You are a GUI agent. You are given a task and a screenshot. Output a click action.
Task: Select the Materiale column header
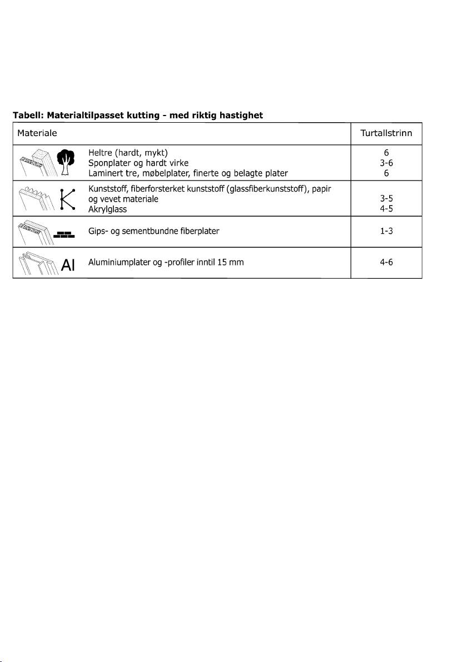[x=37, y=133]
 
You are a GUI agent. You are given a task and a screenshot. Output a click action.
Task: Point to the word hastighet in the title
[x=237, y=116]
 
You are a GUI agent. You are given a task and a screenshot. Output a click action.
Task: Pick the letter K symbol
[x=67, y=198]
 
